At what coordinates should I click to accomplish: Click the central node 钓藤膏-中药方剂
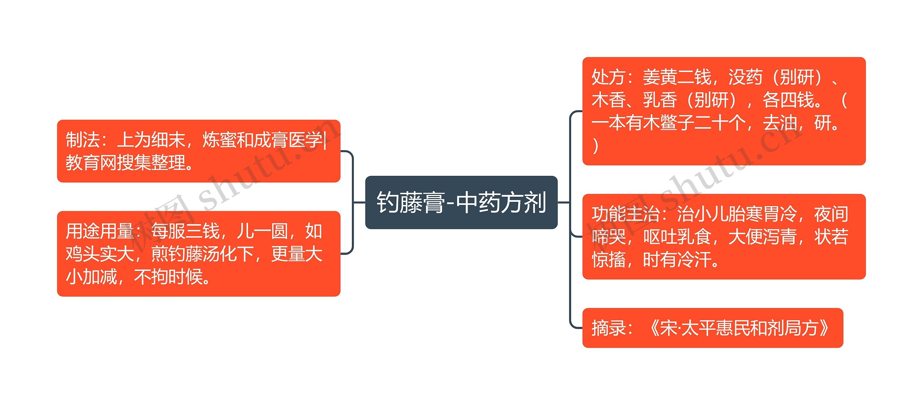461,202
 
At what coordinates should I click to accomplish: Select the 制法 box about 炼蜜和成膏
199,151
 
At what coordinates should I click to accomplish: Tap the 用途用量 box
199,254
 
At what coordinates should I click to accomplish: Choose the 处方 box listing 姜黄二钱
724,111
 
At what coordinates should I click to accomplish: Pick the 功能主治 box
724,236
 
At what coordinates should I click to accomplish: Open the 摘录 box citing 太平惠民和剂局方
712,328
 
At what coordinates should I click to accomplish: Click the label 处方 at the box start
608,77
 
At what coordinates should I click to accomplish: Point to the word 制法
83,140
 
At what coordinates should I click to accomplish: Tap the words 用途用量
100,231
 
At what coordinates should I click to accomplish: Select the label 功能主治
626,214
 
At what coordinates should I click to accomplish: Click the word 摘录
608,328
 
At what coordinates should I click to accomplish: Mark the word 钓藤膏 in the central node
410,202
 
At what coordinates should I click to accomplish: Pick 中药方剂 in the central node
501,202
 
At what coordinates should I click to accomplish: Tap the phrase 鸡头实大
100,254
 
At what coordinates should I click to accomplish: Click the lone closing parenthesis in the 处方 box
596,146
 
